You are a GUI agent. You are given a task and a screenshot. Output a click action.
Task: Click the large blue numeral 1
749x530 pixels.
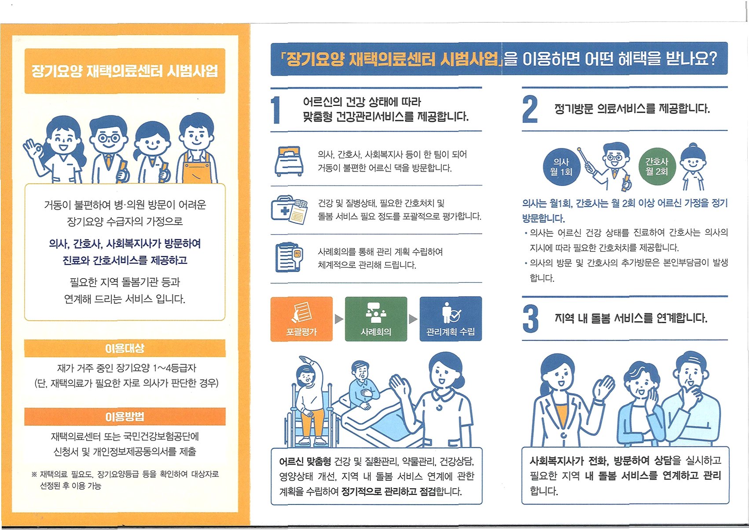pyautogui.click(x=276, y=110)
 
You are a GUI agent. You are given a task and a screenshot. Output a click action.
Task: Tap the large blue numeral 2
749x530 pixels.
pyautogui.click(x=530, y=109)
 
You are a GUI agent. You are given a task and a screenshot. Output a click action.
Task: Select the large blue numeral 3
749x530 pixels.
pyautogui.click(x=531, y=319)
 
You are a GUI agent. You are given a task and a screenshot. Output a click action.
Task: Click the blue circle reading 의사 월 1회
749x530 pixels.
pyautogui.click(x=562, y=167)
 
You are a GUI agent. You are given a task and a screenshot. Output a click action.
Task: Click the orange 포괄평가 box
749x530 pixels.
pyautogui.click(x=301, y=319)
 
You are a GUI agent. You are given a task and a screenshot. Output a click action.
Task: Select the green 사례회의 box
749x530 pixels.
pyautogui.click(x=376, y=319)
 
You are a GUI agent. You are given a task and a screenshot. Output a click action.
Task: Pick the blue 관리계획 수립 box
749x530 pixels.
pyautogui.click(x=451, y=319)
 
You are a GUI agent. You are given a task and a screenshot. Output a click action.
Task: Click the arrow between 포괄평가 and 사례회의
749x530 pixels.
pyautogui.click(x=339, y=319)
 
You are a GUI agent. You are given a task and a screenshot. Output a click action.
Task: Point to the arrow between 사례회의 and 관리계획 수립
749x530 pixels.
pyautogui.click(x=414, y=319)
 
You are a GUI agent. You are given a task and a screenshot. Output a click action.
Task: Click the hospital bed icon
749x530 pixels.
pyautogui.click(x=289, y=161)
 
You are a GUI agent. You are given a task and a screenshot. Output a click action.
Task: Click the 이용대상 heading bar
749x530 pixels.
pyautogui.click(x=125, y=349)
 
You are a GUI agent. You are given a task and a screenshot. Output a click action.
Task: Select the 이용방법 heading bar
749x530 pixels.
pyautogui.click(x=125, y=416)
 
